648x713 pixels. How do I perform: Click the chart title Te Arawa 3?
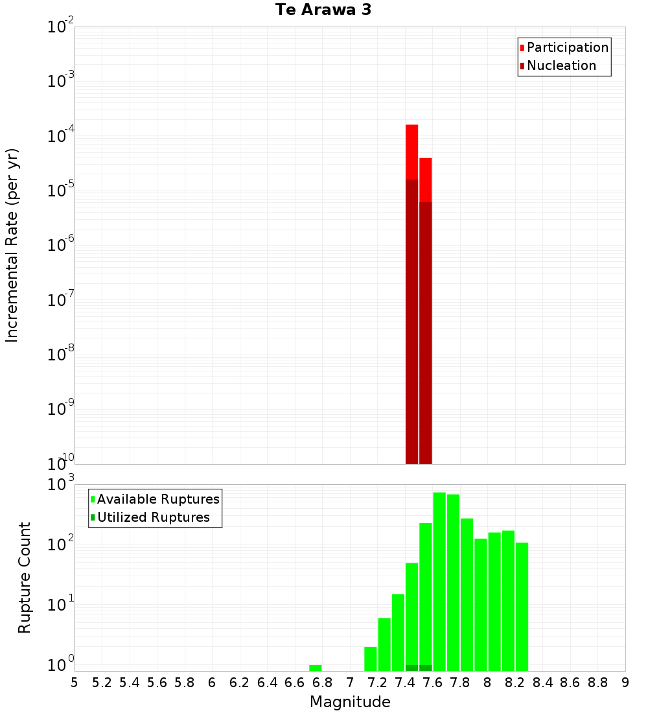coord(323,10)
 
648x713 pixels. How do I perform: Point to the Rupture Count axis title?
coord(24,578)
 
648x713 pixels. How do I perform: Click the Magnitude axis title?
coord(350,702)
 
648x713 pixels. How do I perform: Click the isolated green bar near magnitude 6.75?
coord(316,668)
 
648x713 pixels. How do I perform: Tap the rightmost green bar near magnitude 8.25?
coord(522,607)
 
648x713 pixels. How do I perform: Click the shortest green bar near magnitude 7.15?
coord(371,659)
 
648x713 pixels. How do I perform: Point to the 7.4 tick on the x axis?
coord(405,682)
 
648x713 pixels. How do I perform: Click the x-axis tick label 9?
coord(625,682)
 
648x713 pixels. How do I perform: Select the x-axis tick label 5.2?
coord(102,682)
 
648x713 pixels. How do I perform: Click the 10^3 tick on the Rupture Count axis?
coord(62,484)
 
